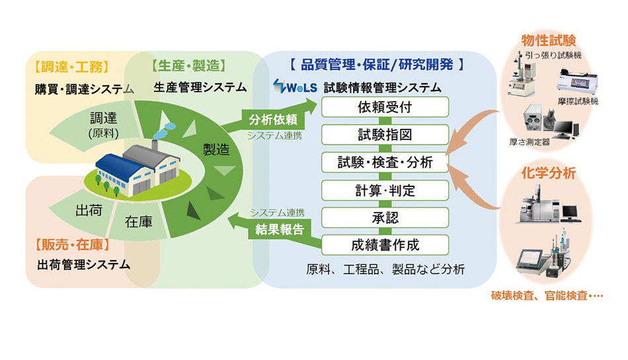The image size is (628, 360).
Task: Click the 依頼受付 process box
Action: click(385, 106)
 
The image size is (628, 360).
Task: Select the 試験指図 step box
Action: click(385, 134)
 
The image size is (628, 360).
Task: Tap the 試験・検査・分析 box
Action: click(385, 162)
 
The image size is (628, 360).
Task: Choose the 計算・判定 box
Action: click(385, 190)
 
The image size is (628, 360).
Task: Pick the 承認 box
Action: click(385, 217)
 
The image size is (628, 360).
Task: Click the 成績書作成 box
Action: click(385, 245)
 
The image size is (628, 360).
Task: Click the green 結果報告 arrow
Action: click(278, 229)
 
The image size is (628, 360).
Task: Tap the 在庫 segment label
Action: click(138, 222)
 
